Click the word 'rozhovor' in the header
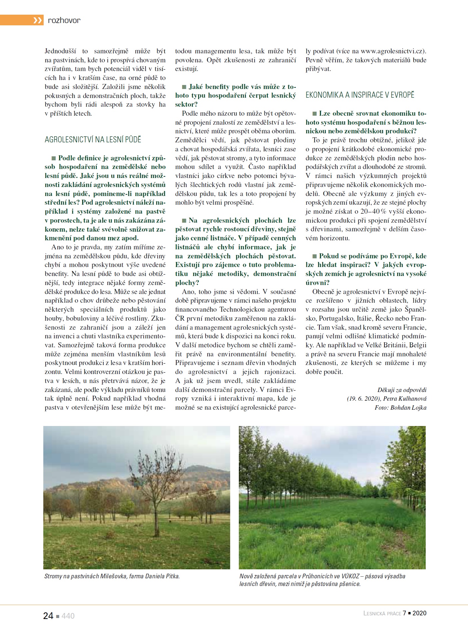pos(64,20)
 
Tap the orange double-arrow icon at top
pos(38,20)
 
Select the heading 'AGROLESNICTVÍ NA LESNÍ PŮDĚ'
pos(93,139)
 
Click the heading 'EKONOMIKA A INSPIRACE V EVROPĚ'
pos(360,95)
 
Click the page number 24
pos(48,616)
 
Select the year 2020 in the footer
pos(419,613)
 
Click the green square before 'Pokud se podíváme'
pos(314,256)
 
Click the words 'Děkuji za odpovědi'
pos(402,390)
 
